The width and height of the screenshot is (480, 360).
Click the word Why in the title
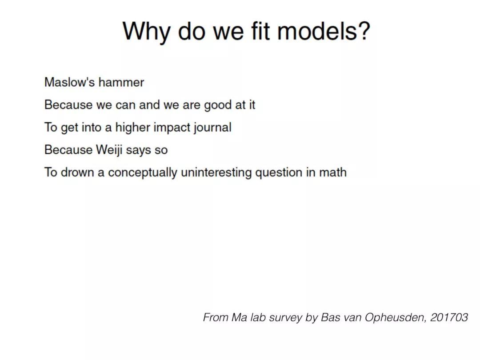click(146, 32)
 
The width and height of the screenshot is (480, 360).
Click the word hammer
click(121, 82)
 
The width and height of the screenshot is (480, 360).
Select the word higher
click(132, 128)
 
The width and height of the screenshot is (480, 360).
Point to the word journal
click(212, 128)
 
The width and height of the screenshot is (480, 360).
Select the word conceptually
click(143, 172)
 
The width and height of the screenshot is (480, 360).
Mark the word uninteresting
click(216, 172)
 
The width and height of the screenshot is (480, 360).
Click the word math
click(333, 172)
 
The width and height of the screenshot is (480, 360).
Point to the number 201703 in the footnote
click(449, 317)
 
